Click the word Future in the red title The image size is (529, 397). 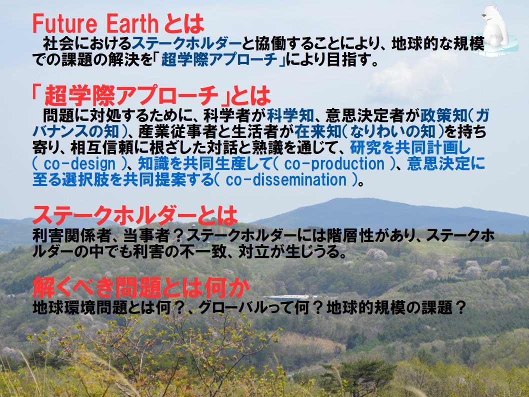[65, 23]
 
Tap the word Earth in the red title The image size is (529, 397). [132, 23]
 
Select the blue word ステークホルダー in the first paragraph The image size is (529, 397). [186, 43]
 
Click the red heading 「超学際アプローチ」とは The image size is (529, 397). [151, 95]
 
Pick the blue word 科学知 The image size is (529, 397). [290, 115]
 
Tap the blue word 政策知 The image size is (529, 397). [443, 115]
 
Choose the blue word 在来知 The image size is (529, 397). [318, 131]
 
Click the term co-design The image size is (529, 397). [79, 164]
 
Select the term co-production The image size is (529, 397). [334, 164]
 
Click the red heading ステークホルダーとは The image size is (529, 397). [135, 215]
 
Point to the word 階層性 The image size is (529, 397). [350, 235]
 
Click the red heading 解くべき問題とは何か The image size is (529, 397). [141, 287]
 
